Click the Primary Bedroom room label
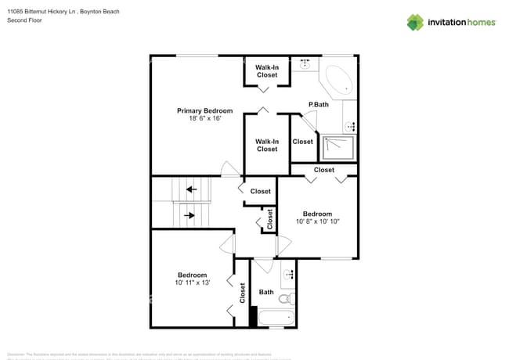point(204,110)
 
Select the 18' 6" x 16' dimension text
point(204,119)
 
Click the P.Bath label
point(318,104)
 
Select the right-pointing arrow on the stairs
point(189,214)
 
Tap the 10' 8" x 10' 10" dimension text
point(317,222)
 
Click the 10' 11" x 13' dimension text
point(192,283)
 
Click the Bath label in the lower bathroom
point(266,293)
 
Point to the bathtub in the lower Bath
point(276,319)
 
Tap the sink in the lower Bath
point(287,274)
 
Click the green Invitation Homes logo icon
point(414,22)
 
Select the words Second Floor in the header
point(24,20)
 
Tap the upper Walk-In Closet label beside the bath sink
point(267,71)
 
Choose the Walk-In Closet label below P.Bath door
point(267,145)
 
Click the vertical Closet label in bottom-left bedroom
point(242,293)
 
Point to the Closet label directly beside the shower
point(302,142)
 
